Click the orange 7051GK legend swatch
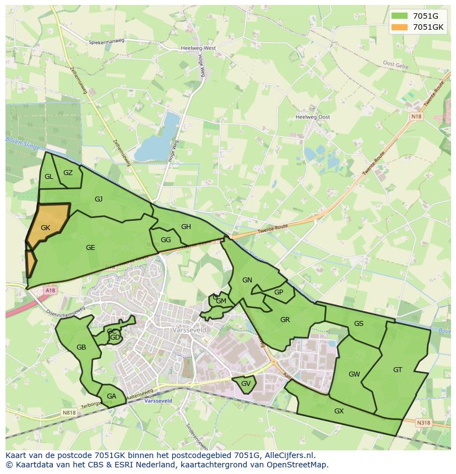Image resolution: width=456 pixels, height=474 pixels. click(x=400, y=27)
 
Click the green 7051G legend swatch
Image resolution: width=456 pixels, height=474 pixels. click(x=400, y=16)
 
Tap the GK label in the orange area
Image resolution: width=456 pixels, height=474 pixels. click(x=46, y=227)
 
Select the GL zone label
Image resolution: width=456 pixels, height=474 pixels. click(x=49, y=177)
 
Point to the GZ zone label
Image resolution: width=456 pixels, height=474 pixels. click(x=68, y=173)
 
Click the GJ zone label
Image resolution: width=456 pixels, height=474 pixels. click(x=99, y=199)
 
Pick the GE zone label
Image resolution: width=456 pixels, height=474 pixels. click(x=90, y=248)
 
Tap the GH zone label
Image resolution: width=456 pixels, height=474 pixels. click(x=186, y=227)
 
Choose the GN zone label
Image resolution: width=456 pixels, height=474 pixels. click(x=247, y=280)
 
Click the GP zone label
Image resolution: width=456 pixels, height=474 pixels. click(x=279, y=292)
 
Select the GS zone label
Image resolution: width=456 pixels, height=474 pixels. click(x=359, y=324)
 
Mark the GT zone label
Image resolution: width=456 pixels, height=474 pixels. click(x=398, y=370)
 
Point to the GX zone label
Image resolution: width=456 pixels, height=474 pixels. click(x=339, y=411)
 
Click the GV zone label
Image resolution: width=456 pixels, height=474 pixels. click(x=246, y=384)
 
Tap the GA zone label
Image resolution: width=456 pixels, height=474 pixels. click(x=112, y=396)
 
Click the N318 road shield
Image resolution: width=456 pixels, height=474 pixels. click(x=424, y=423)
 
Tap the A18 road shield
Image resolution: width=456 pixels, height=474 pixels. click(x=51, y=290)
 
